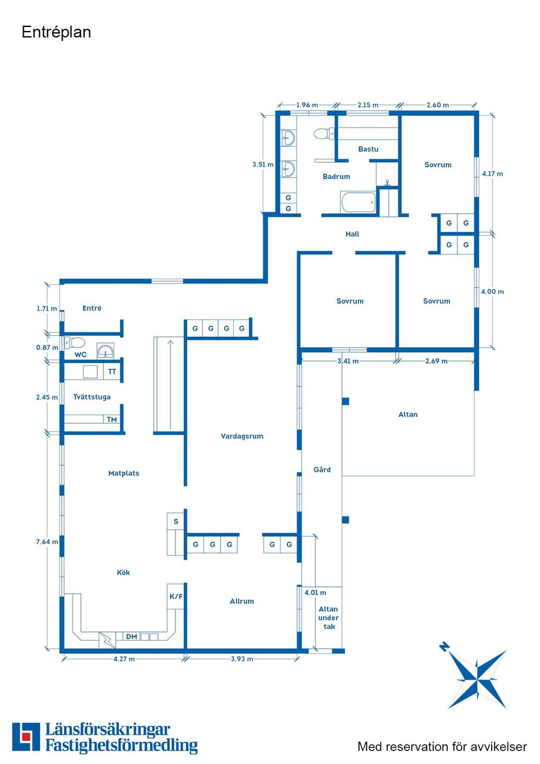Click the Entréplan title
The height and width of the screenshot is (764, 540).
point(56,33)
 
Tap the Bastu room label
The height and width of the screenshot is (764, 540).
point(368,149)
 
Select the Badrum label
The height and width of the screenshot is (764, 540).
point(336,176)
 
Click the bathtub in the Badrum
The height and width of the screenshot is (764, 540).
point(358,202)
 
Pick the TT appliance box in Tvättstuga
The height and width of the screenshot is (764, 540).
point(112,372)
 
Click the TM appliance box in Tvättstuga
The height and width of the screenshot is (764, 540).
point(112,419)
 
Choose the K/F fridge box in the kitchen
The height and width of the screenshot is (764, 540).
point(176,596)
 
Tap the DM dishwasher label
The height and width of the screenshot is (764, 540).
point(132,636)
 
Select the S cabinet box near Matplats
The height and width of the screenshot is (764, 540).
point(176,521)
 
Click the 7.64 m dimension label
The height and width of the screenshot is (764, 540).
point(47,542)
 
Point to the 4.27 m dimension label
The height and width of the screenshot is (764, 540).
point(124,659)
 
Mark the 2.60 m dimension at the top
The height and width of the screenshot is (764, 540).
point(438,105)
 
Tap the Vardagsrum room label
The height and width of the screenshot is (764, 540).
point(242,436)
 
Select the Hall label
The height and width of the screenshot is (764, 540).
point(352,234)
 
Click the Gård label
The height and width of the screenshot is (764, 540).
point(322,469)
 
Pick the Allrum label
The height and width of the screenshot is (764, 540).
point(242,601)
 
